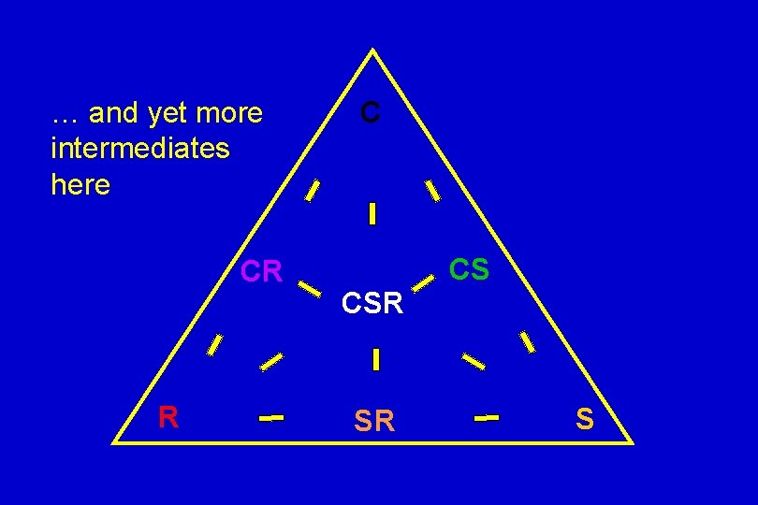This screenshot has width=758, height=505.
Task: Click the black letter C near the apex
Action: (x=371, y=113)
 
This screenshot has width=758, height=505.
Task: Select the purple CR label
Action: (x=261, y=271)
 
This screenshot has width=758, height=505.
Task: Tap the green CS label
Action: (x=469, y=269)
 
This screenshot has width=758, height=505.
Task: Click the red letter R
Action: (x=168, y=417)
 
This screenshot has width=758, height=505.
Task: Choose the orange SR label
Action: (x=374, y=422)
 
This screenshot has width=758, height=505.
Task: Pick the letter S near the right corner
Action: (x=585, y=418)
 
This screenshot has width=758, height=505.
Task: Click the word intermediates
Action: (x=141, y=149)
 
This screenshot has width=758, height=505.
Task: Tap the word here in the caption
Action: (x=80, y=184)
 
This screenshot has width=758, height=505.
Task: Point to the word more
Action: (x=231, y=113)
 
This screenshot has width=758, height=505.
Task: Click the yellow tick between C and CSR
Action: (x=372, y=214)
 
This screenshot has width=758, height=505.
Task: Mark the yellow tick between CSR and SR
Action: (x=375, y=359)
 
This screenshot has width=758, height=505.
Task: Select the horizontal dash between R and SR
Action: (x=271, y=418)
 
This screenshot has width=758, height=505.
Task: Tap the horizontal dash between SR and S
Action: (x=487, y=418)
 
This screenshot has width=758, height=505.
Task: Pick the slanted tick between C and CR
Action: (x=313, y=190)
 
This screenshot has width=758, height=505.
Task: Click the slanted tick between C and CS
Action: (x=432, y=190)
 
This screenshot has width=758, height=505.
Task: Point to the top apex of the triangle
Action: (x=373, y=50)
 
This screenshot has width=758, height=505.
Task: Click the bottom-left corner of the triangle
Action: (x=115, y=440)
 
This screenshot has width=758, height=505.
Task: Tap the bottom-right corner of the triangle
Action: (x=633, y=441)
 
